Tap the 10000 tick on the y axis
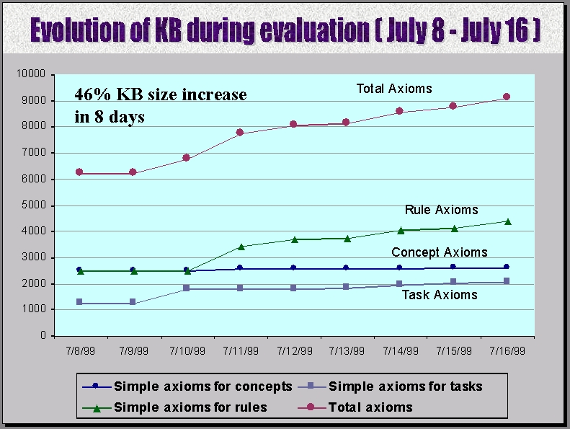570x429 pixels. (x=32, y=74)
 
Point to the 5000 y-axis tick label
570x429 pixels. (x=35, y=205)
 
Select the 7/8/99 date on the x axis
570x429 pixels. (x=79, y=351)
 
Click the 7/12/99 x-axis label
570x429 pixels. (x=293, y=351)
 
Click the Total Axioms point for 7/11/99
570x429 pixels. (x=240, y=133)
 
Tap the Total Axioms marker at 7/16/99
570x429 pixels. (x=507, y=97)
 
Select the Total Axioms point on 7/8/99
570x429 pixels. (x=79, y=172)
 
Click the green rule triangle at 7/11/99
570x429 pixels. (x=240, y=247)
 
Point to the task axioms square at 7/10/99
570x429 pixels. (x=186, y=288)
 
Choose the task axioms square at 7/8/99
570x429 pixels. (x=79, y=302)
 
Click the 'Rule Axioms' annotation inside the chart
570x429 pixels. (x=441, y=210)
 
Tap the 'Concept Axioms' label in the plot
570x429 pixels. (x=439, y=252)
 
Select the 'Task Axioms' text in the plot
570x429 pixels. (x=439, y=294)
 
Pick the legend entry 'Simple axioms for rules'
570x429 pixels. (x=190, y=407)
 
